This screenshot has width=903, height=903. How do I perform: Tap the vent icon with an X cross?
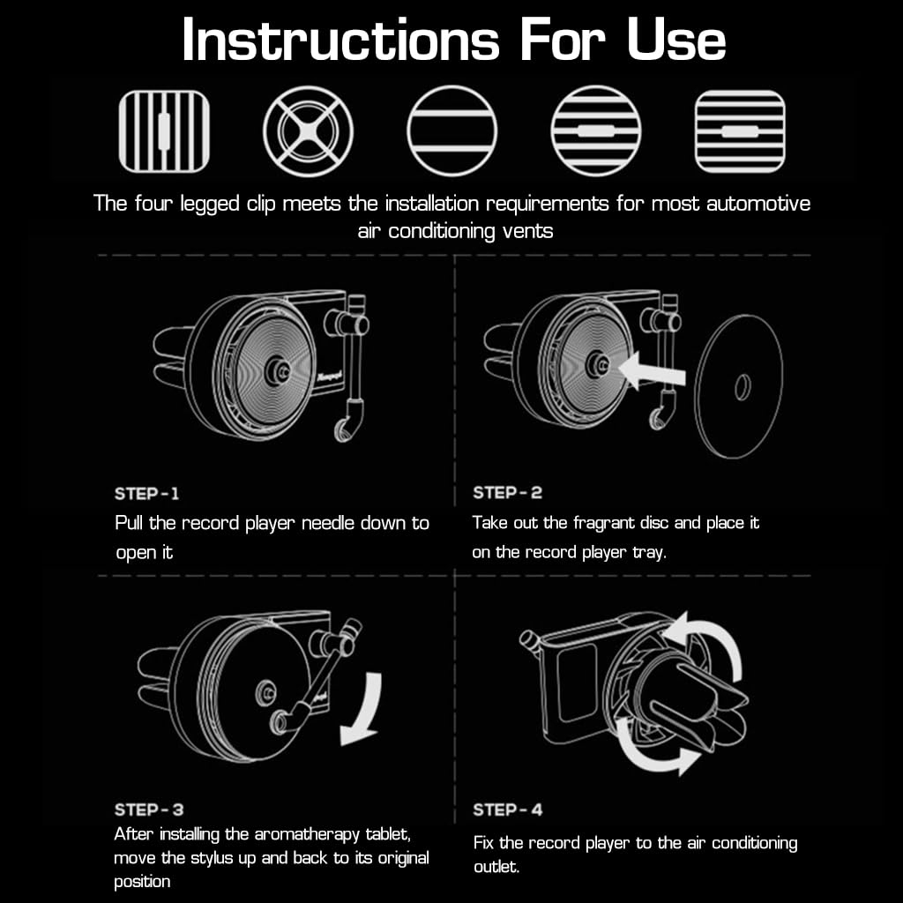308,131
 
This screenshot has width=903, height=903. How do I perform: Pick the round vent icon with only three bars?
451,131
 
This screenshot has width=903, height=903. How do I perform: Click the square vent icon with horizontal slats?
739,131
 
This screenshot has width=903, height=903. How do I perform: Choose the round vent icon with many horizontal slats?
595,131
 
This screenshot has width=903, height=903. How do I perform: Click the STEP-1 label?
147,493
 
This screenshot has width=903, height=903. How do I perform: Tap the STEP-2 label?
507,493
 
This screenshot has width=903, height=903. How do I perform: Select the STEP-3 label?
149,810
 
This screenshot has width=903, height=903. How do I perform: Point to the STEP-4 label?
508,810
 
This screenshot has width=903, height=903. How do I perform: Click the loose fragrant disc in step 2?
738,385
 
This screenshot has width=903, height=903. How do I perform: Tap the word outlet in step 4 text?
495,867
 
